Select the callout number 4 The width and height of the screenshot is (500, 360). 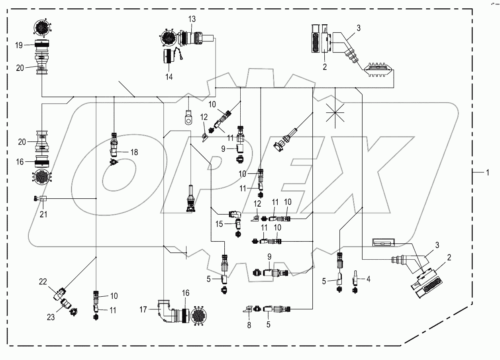[369, 279]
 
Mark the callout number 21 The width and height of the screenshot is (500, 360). [43, 214]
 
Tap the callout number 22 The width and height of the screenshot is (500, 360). [43, 281]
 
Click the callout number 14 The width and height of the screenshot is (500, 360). [169, 76]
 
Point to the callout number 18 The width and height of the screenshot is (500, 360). [133, 152]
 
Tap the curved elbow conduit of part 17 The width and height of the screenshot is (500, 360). [165, 311]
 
